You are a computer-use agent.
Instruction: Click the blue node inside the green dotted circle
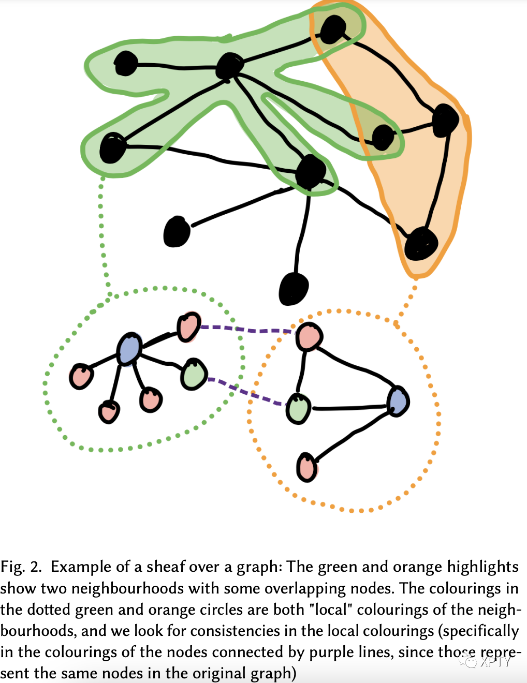tap(129, 349)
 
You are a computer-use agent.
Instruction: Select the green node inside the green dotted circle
tap(194, 374)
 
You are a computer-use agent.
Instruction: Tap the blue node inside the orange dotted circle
tap(398, 402)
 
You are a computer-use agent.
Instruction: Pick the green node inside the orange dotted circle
tap(299, 409)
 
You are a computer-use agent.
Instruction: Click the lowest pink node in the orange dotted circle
tap(306, 467)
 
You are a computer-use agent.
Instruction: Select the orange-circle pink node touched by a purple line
tap(309, 337)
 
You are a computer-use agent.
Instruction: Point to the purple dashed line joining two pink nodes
tap(247, 330)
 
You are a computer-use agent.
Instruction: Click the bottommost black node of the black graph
tap(294, 289)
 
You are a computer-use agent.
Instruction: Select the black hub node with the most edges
tap(229, 66)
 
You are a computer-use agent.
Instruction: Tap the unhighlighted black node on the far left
tap(177, 232)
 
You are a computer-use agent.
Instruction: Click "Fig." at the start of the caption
tap(12, 567)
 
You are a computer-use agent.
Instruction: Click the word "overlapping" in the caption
tap(296, 588)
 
